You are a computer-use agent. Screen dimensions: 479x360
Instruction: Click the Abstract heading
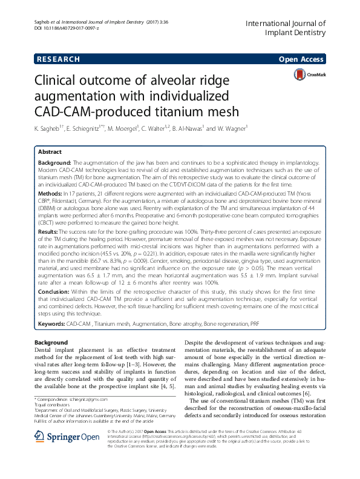tap(50, 153)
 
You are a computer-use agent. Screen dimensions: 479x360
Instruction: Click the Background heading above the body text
tap(51, 343)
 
